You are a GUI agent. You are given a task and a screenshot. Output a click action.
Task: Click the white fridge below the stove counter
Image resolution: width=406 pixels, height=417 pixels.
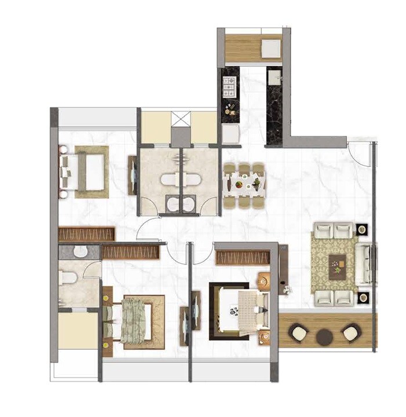click(230, 134)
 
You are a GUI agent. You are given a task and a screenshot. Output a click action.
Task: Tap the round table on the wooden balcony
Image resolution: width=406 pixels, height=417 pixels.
click(325, 336)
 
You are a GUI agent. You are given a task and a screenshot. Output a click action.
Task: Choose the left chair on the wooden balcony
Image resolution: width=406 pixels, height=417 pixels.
click(298, 333)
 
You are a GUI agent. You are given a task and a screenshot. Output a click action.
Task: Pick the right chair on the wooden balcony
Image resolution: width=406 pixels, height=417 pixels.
click(350, 333)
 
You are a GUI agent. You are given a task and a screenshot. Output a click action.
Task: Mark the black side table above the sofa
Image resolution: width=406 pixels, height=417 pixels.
click(362, 229)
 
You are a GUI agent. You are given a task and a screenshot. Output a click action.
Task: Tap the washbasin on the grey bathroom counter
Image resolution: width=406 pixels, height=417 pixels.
click(81, 251)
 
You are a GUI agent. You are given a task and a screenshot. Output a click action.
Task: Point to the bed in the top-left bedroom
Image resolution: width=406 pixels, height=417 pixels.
click(84, 172)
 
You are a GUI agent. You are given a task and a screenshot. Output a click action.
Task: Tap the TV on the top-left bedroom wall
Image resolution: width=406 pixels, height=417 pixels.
click(133, 173)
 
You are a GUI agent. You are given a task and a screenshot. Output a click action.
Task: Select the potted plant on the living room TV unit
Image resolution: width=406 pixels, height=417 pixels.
click(284, 287)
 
